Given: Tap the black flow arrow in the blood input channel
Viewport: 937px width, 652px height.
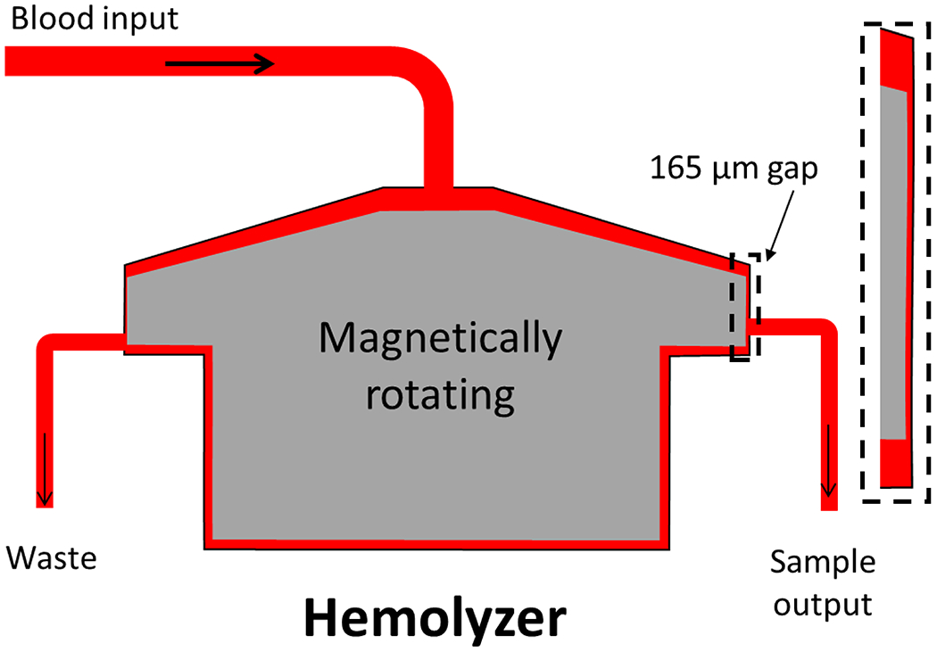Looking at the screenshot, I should (x=220, y=63).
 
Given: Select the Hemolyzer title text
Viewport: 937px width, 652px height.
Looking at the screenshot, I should (x=435, y=616).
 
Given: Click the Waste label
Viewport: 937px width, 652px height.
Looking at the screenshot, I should (x=51, y=559).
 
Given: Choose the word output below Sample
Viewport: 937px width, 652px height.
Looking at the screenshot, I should (x=822, y=604).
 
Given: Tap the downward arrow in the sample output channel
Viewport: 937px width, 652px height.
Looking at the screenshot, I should (x=829, y=460).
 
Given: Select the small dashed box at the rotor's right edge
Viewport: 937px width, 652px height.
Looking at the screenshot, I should (x=746, y=306).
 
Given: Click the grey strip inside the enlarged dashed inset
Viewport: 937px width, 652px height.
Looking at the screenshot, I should (x=893, y=263).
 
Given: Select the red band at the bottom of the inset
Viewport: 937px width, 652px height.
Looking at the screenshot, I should (x=894, y=463).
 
